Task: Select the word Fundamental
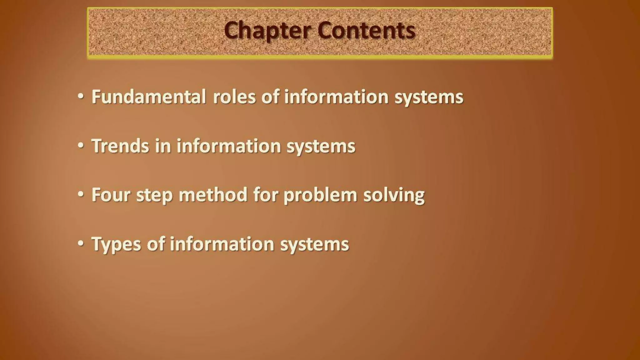click(x=148, y=97)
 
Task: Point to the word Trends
click(x=120, y=146)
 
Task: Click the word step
click(x=154, y=195)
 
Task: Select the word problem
click(x=320, y=195)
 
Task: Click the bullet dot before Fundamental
click(x=81, y=97)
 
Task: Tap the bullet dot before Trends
click(x=81, y=146)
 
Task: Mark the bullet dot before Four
click(x=81, y=194)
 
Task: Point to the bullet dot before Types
click(x=81, y=243)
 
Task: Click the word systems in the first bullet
click(x=429, y=97)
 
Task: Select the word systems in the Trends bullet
click(x=321, y=147)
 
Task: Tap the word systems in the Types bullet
click(x=314, y=244)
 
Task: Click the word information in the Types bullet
click(x=222, y=244)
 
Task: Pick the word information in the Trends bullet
click(x=229, y=146)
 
